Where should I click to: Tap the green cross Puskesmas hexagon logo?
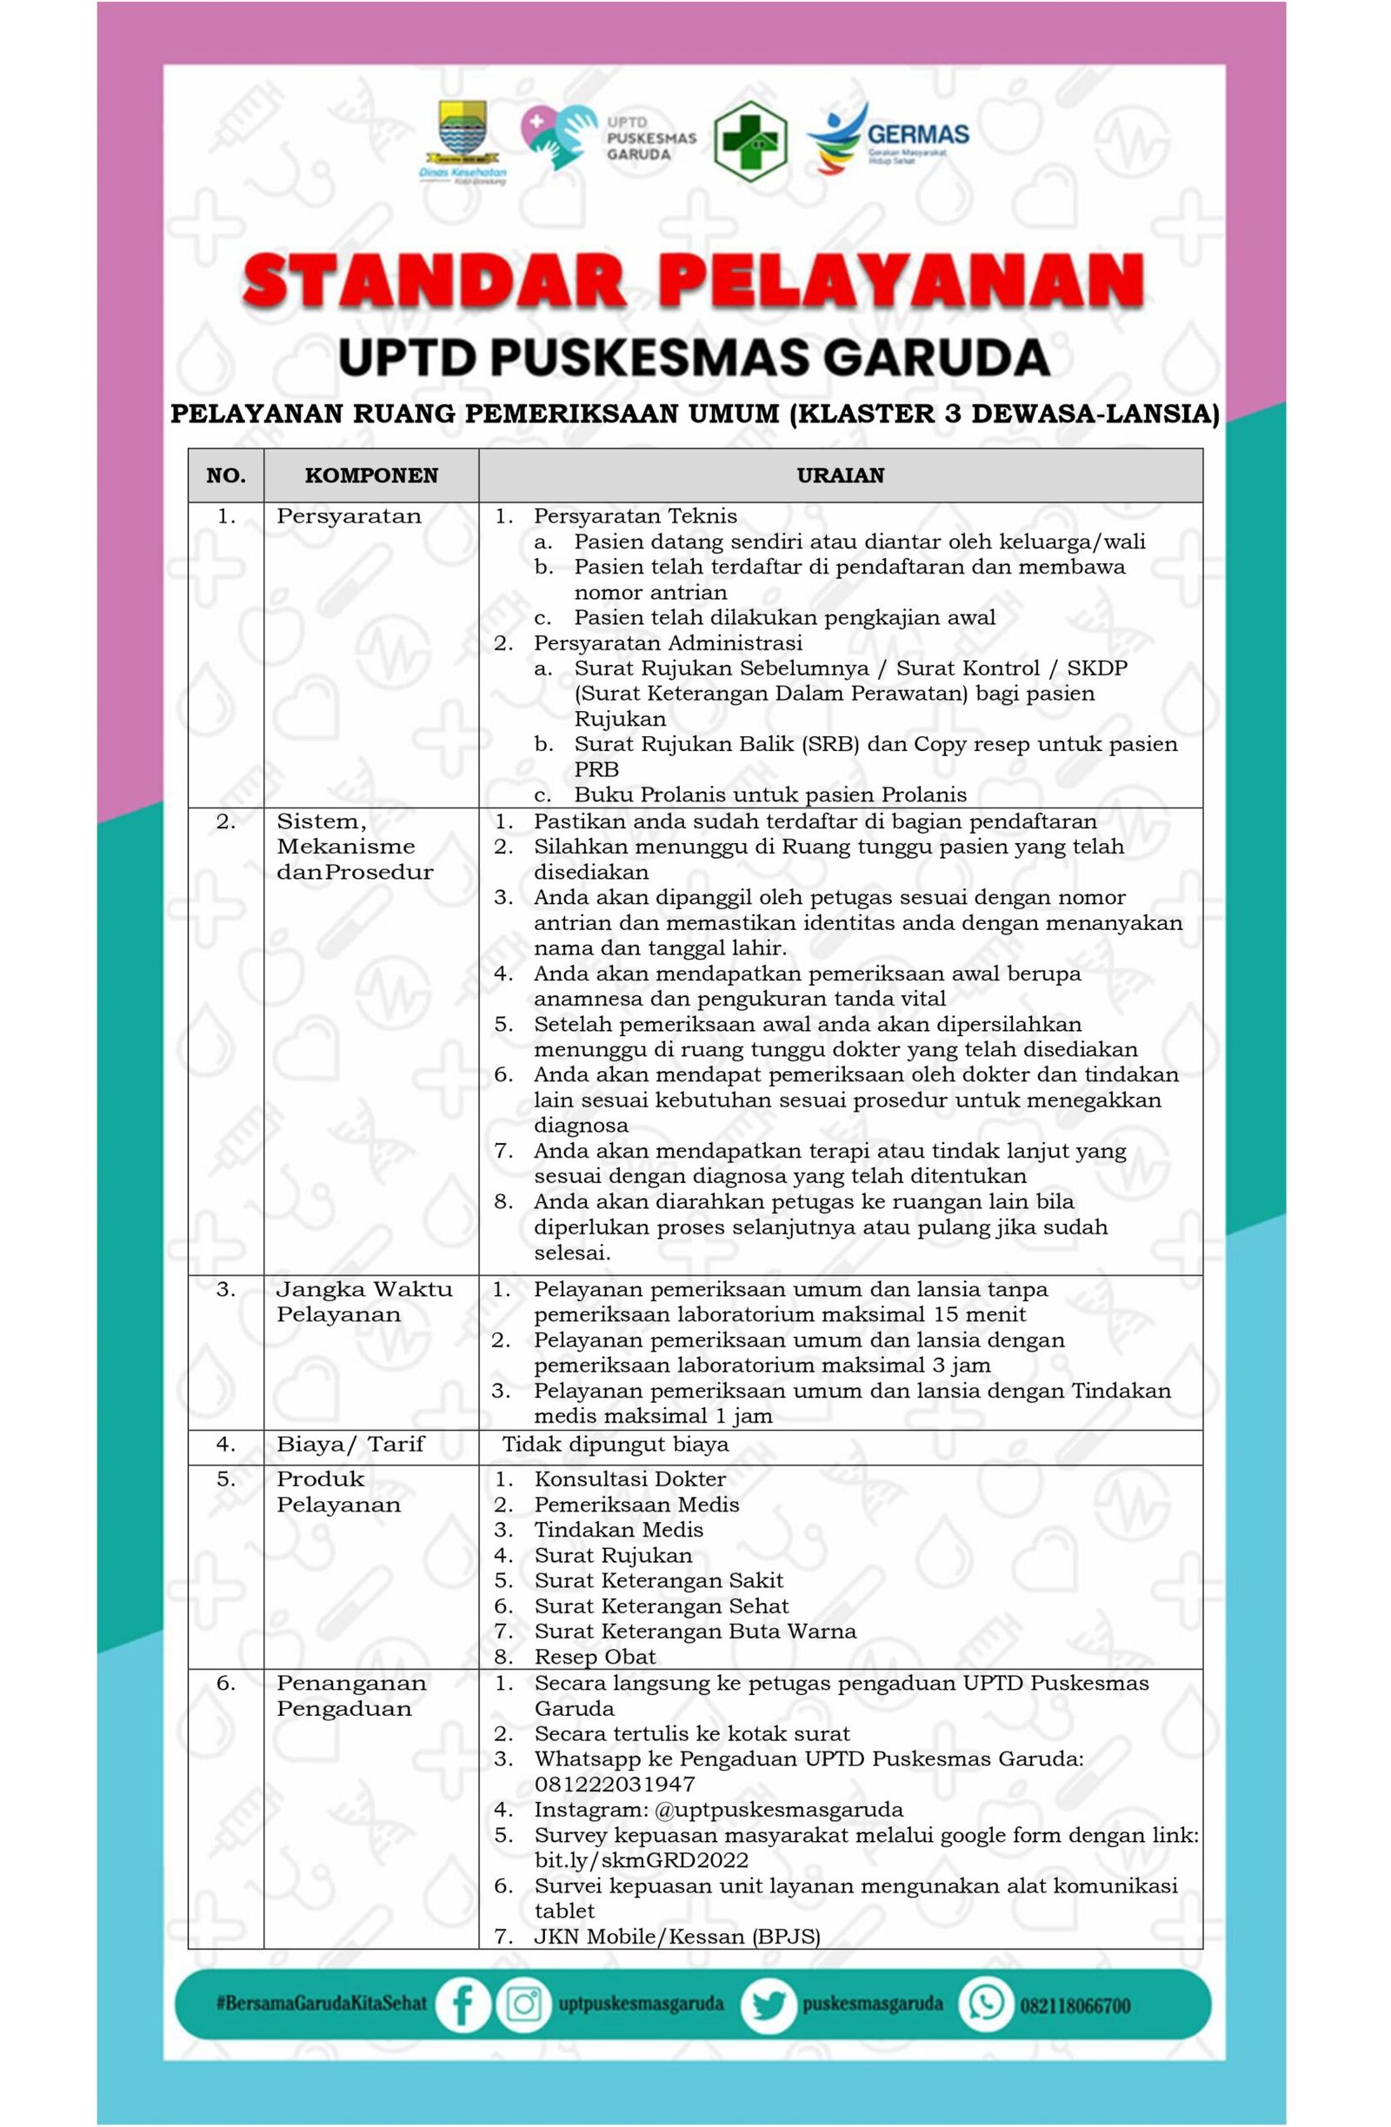point(750,140)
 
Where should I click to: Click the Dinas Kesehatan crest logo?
point(463,141)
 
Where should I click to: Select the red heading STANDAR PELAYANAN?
point(693,282)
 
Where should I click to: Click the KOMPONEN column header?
point(371,475)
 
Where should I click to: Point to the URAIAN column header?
point(840,475)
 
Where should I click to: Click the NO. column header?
point(225,475)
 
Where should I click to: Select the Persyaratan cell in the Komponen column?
point(349,516)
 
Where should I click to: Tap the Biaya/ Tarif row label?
point(349,1443)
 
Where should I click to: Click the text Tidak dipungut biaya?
point(615,1443)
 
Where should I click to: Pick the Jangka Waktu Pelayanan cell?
point(364,1301)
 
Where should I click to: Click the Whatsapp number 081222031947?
point(614,1784)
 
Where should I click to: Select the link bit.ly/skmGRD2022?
point(641,1860)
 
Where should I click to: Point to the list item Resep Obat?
point(595,1656)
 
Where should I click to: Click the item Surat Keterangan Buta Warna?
point(695,1631)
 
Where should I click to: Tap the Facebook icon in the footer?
point(463,2004)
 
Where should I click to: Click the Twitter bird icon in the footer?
point(767,2004)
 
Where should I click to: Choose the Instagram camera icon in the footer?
point(524,2004)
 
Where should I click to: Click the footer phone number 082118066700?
point(1075,2005)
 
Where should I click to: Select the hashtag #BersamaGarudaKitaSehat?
point(321,2004)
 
